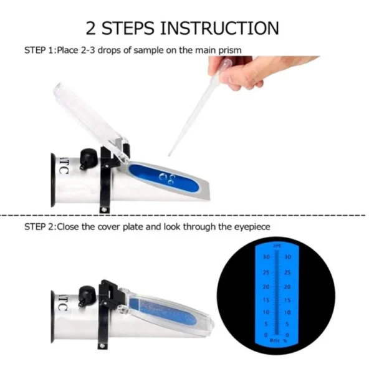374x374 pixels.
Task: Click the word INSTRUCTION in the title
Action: click(x=219, y=27)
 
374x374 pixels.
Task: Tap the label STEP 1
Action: click(x=39, y=49)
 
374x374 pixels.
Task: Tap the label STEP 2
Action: click(x=39, y=227)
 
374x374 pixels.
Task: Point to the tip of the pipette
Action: click(x=170, y=154)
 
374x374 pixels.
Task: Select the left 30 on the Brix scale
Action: click(x=265, y=257)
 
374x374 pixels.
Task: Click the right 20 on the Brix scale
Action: click(x=287, y=287)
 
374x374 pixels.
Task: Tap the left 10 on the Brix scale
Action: click(x=265, y=312)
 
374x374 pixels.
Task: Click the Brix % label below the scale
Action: click(x=276, y=340)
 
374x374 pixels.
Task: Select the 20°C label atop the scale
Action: click(x=276, y=247)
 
